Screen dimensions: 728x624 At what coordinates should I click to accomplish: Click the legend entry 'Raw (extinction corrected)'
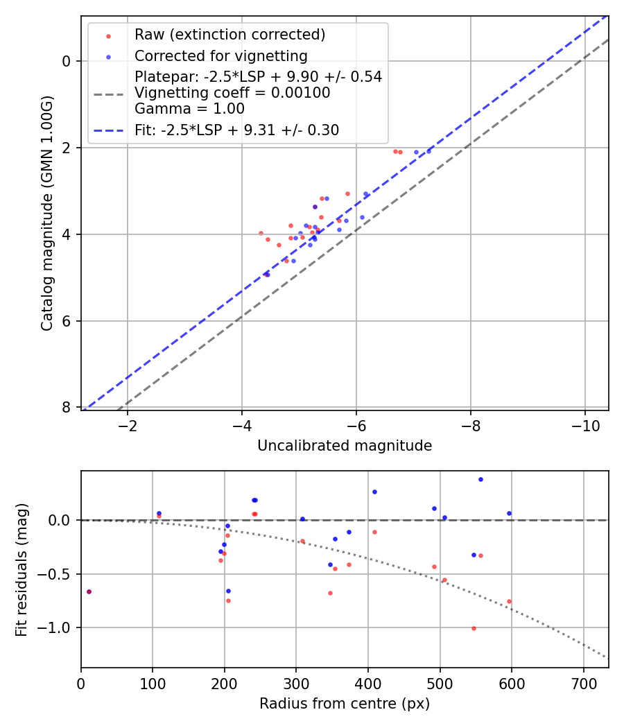click(229, 35)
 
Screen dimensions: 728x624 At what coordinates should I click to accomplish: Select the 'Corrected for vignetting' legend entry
click(220, 55)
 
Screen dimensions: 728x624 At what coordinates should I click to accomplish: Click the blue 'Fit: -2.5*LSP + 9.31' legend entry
click(236, 130)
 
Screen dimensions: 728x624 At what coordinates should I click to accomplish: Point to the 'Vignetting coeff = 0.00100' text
click(232, 93)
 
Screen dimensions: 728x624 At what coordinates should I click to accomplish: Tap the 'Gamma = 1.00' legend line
click(189, 109)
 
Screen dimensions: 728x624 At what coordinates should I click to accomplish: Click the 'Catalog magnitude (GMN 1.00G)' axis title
click(46, 214)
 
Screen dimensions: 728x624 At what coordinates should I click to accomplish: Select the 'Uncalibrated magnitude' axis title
click(345, 446)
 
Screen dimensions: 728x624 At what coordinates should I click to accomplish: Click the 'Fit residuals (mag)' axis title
click(21, 569)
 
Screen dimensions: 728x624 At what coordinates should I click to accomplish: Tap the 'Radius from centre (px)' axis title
click(345, 704)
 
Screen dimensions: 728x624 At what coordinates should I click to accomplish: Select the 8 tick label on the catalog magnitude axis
click(67, 408)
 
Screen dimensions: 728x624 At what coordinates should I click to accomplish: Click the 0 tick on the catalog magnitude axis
click(67, 62)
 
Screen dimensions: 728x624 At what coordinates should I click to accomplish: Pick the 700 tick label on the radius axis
click(583, 683)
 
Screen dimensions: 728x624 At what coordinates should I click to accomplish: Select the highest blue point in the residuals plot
click(480, 479)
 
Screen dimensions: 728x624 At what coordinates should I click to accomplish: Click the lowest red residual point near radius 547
click(474, 628)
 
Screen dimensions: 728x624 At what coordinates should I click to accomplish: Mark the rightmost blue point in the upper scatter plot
click(428, 150)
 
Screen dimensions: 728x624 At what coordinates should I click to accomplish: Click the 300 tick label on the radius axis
click(296, 683)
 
